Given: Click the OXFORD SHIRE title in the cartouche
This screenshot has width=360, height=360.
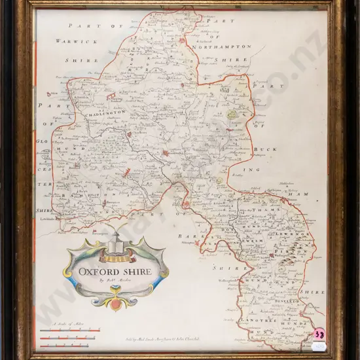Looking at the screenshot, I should point(115,271).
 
